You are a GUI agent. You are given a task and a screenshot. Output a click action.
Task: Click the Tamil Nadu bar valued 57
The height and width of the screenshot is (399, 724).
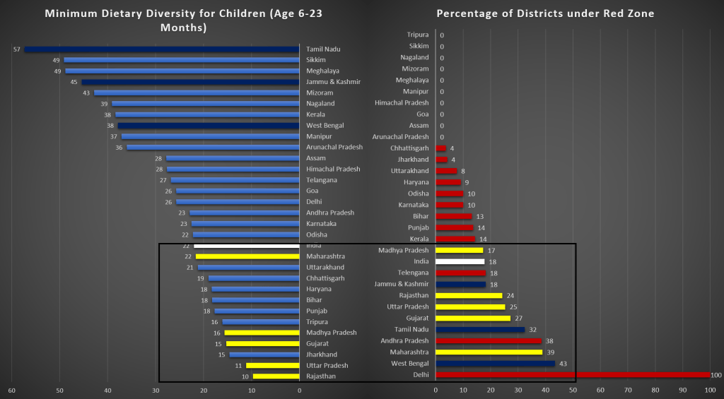161,49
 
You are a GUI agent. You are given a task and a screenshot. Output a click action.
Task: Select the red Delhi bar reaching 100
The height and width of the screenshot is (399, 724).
572,375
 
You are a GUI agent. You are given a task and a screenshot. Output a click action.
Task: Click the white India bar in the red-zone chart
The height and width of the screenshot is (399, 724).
460,261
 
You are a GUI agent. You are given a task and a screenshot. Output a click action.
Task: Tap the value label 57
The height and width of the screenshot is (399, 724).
16,49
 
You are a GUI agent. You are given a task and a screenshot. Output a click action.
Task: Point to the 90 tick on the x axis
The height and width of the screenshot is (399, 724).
682,390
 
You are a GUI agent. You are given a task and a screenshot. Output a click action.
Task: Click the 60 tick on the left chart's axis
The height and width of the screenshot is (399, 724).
11,390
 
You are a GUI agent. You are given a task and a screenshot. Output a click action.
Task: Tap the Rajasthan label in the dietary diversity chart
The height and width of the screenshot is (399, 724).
322,376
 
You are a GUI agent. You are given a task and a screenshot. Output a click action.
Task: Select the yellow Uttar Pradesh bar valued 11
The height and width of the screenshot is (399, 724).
272,366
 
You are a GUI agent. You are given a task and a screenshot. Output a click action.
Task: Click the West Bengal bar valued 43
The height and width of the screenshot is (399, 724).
495,364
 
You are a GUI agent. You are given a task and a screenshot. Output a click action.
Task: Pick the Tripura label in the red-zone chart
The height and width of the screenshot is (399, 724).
417,35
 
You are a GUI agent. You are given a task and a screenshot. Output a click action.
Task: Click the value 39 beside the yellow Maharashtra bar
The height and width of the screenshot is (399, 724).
550,352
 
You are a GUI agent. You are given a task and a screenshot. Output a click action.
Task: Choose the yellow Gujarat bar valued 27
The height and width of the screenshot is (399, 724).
472,318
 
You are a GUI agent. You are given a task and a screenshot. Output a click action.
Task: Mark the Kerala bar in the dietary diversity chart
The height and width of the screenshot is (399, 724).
207,114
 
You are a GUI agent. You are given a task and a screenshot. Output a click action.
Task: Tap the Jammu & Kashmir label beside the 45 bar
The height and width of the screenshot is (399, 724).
333,82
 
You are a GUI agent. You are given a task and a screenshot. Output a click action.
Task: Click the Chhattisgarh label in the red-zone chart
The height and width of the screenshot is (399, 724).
409,148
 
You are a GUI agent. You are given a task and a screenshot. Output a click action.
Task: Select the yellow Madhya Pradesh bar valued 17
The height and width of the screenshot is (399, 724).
459,250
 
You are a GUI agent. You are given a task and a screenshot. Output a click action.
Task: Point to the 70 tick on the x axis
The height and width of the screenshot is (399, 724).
627,390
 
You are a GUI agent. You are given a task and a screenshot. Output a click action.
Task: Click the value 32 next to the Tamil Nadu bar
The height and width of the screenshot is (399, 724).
532,330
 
